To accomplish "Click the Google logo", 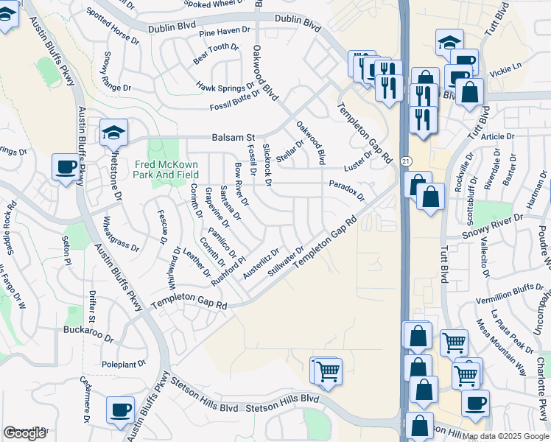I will [24, 433].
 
